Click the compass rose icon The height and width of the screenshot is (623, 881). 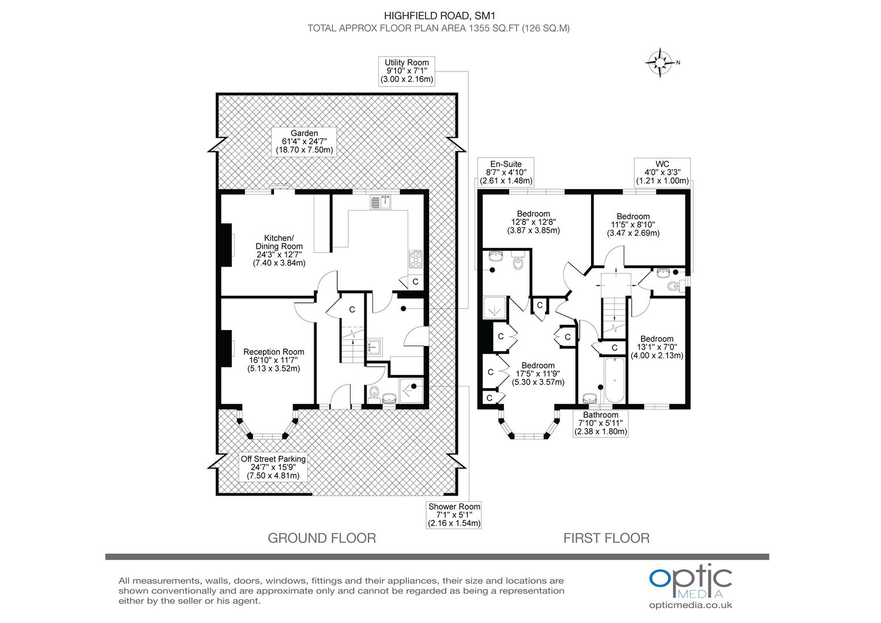coord(660,62)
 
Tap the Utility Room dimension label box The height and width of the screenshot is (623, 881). coord(406,71)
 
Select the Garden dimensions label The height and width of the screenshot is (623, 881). coord(304,141)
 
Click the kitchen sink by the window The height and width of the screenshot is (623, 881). coord(381,202)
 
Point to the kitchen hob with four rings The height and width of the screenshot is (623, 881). coord(416,258)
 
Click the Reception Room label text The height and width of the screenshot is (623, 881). coord(273,359)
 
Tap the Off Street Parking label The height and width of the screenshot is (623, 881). coord(273,467)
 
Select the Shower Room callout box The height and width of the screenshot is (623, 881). coord(454,515)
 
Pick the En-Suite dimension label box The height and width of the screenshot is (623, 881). coord(506,172)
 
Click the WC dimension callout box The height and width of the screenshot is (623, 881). coord(662,172)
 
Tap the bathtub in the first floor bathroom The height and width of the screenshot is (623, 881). coord(615,380)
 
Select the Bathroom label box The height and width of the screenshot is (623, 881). coord(600,423)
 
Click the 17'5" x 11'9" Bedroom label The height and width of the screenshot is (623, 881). coord(538,373)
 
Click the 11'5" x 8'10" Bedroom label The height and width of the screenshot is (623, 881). coord(632,225)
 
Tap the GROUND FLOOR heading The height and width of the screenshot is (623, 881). coord(322,538)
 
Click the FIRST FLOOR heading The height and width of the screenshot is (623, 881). coord(606,538)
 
